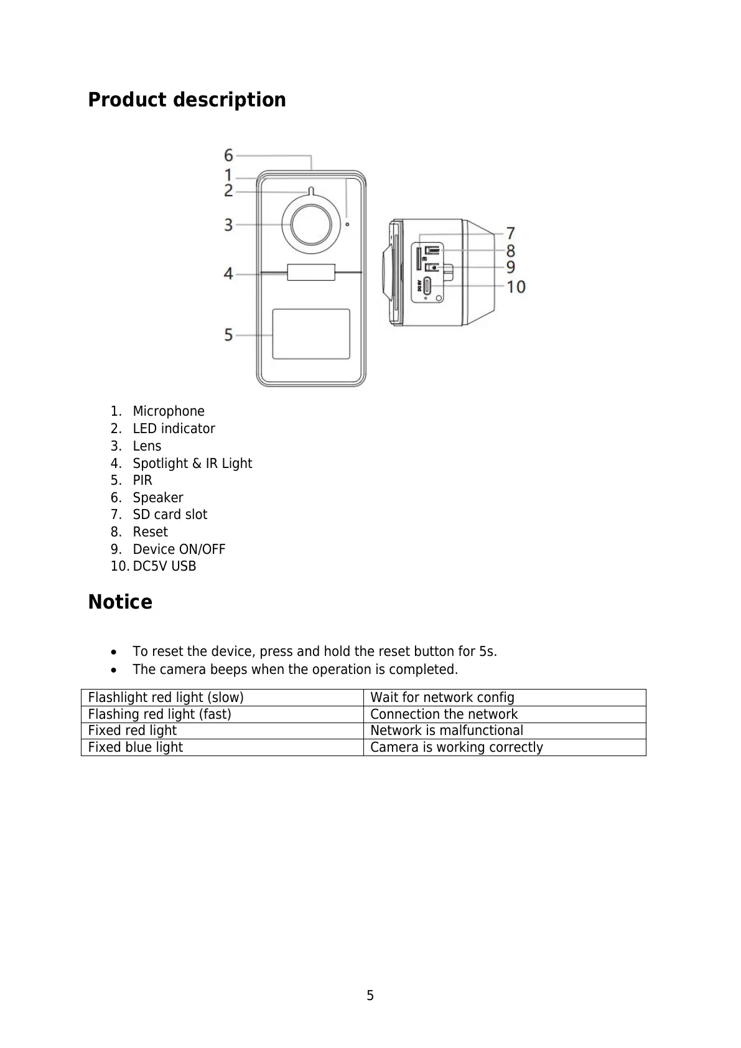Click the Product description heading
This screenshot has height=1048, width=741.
tap(187, 100)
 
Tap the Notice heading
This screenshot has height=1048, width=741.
tap(120, 602)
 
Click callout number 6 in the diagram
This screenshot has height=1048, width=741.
tap(229, 154)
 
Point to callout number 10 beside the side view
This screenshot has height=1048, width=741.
tap(516, 287)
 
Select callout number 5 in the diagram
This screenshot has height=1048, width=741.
tap(229, 335)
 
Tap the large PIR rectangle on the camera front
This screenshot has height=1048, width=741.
tap(311, 334)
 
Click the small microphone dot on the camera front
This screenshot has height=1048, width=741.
tap(347, 224)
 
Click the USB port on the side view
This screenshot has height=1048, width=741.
tap(428, 286)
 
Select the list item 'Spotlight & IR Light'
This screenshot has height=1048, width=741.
tap(192, 463)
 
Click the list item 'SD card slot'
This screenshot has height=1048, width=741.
tap(170, 515)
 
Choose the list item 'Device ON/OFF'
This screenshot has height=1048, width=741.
tap(179, 549)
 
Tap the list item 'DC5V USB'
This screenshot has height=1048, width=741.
tap(164, 566)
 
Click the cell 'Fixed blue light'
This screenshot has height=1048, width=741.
tap(136, 747)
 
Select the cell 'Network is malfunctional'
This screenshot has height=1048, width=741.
tap(447, 731)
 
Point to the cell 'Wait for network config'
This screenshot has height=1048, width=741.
tap(442, 698)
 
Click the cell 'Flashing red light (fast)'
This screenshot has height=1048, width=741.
tap(160, 714)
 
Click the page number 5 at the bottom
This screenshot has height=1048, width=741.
tap(370, 996)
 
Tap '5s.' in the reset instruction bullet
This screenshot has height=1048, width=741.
tap(488, 652)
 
